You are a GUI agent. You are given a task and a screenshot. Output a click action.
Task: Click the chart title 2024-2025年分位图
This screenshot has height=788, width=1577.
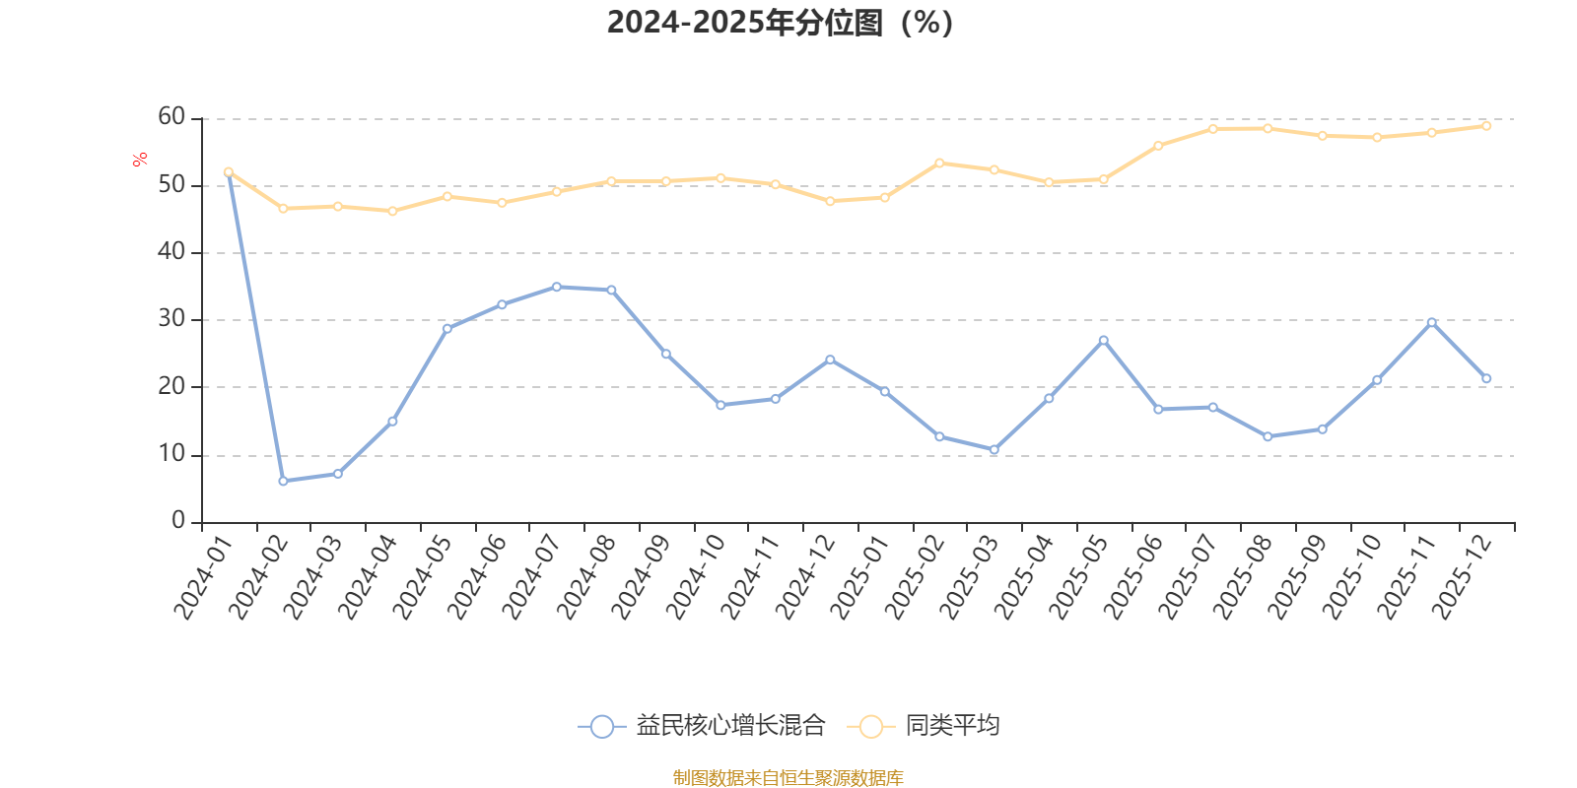coord(780,22)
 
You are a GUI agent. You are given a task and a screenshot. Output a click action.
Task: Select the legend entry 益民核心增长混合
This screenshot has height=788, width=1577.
coord(702,727)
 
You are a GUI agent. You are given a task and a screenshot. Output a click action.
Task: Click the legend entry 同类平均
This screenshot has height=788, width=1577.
coord(928,727)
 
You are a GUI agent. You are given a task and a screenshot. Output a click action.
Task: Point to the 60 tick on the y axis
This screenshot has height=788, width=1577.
coord(171,117)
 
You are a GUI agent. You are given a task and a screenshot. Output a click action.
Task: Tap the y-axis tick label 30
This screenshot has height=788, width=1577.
coord(171,319)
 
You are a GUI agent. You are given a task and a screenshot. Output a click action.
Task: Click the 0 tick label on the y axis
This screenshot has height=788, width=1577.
coord(178,521)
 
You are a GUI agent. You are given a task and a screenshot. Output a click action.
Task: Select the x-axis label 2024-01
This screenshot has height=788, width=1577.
coord(201,578)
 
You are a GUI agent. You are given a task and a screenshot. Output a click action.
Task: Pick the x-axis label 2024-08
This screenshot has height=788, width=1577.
coord(583,578)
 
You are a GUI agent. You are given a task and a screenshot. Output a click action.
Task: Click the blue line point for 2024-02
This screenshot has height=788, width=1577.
coord(283,482)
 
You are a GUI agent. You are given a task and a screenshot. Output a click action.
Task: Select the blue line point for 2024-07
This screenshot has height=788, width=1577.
coord(556,287)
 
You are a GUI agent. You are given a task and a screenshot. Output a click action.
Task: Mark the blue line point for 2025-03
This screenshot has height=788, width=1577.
coord(994,450)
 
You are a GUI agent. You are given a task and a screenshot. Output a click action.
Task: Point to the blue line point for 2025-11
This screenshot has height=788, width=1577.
coord(1431,322)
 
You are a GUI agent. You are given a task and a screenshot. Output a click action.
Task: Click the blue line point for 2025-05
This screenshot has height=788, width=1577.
coord(1103,340)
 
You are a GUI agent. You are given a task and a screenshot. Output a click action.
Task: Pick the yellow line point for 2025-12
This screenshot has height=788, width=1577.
coord(1486,126)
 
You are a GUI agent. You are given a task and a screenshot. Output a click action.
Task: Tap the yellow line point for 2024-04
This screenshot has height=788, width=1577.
coord(392,211)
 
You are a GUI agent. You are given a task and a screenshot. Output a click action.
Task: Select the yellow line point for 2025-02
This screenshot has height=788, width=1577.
coord(939,163)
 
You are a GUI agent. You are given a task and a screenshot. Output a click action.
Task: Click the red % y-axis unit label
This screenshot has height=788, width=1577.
coord(140,159)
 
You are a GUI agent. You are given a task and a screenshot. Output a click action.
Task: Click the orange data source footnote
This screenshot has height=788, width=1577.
coord(788,778)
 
